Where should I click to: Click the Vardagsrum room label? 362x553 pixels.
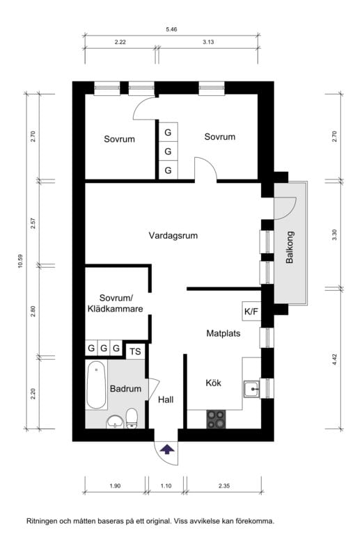point(173,236)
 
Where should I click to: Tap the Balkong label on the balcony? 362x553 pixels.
point(290,247)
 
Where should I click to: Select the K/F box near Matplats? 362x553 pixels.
point(250,311)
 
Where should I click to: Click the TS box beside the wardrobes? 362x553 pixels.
point(135,351)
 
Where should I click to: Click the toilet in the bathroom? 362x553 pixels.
point(131,419)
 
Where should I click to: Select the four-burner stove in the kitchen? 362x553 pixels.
point(217,418)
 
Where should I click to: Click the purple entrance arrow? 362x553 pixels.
point(166,449)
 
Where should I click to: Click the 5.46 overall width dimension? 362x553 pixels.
point(171,29)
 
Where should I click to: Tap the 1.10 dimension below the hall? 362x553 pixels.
point(166,486)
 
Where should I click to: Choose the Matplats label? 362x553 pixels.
point(223,333)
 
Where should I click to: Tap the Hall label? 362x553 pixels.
point(165,400)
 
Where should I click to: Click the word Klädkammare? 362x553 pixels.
point(115,309)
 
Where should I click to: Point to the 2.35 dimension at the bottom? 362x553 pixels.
point(223,486)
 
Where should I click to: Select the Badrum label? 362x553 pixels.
point(125,389)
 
